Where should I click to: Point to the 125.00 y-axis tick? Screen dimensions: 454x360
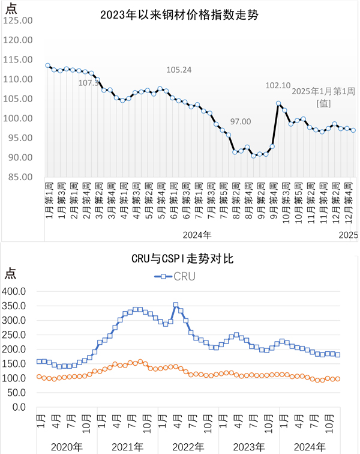(19, 20)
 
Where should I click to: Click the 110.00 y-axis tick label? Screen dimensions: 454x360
(19, 79)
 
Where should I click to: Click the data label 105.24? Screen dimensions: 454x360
(179, 70)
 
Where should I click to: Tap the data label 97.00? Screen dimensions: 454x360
(241, 122)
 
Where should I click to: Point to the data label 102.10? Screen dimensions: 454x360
(278, 86)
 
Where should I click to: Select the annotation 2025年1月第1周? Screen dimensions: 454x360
(323, 91)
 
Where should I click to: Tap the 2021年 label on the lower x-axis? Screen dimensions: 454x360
(127, 446)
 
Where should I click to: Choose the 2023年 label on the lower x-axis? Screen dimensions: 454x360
(249, 446)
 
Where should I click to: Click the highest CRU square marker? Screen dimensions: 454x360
(176, 306)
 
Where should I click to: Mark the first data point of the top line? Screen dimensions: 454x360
(47, 65)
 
